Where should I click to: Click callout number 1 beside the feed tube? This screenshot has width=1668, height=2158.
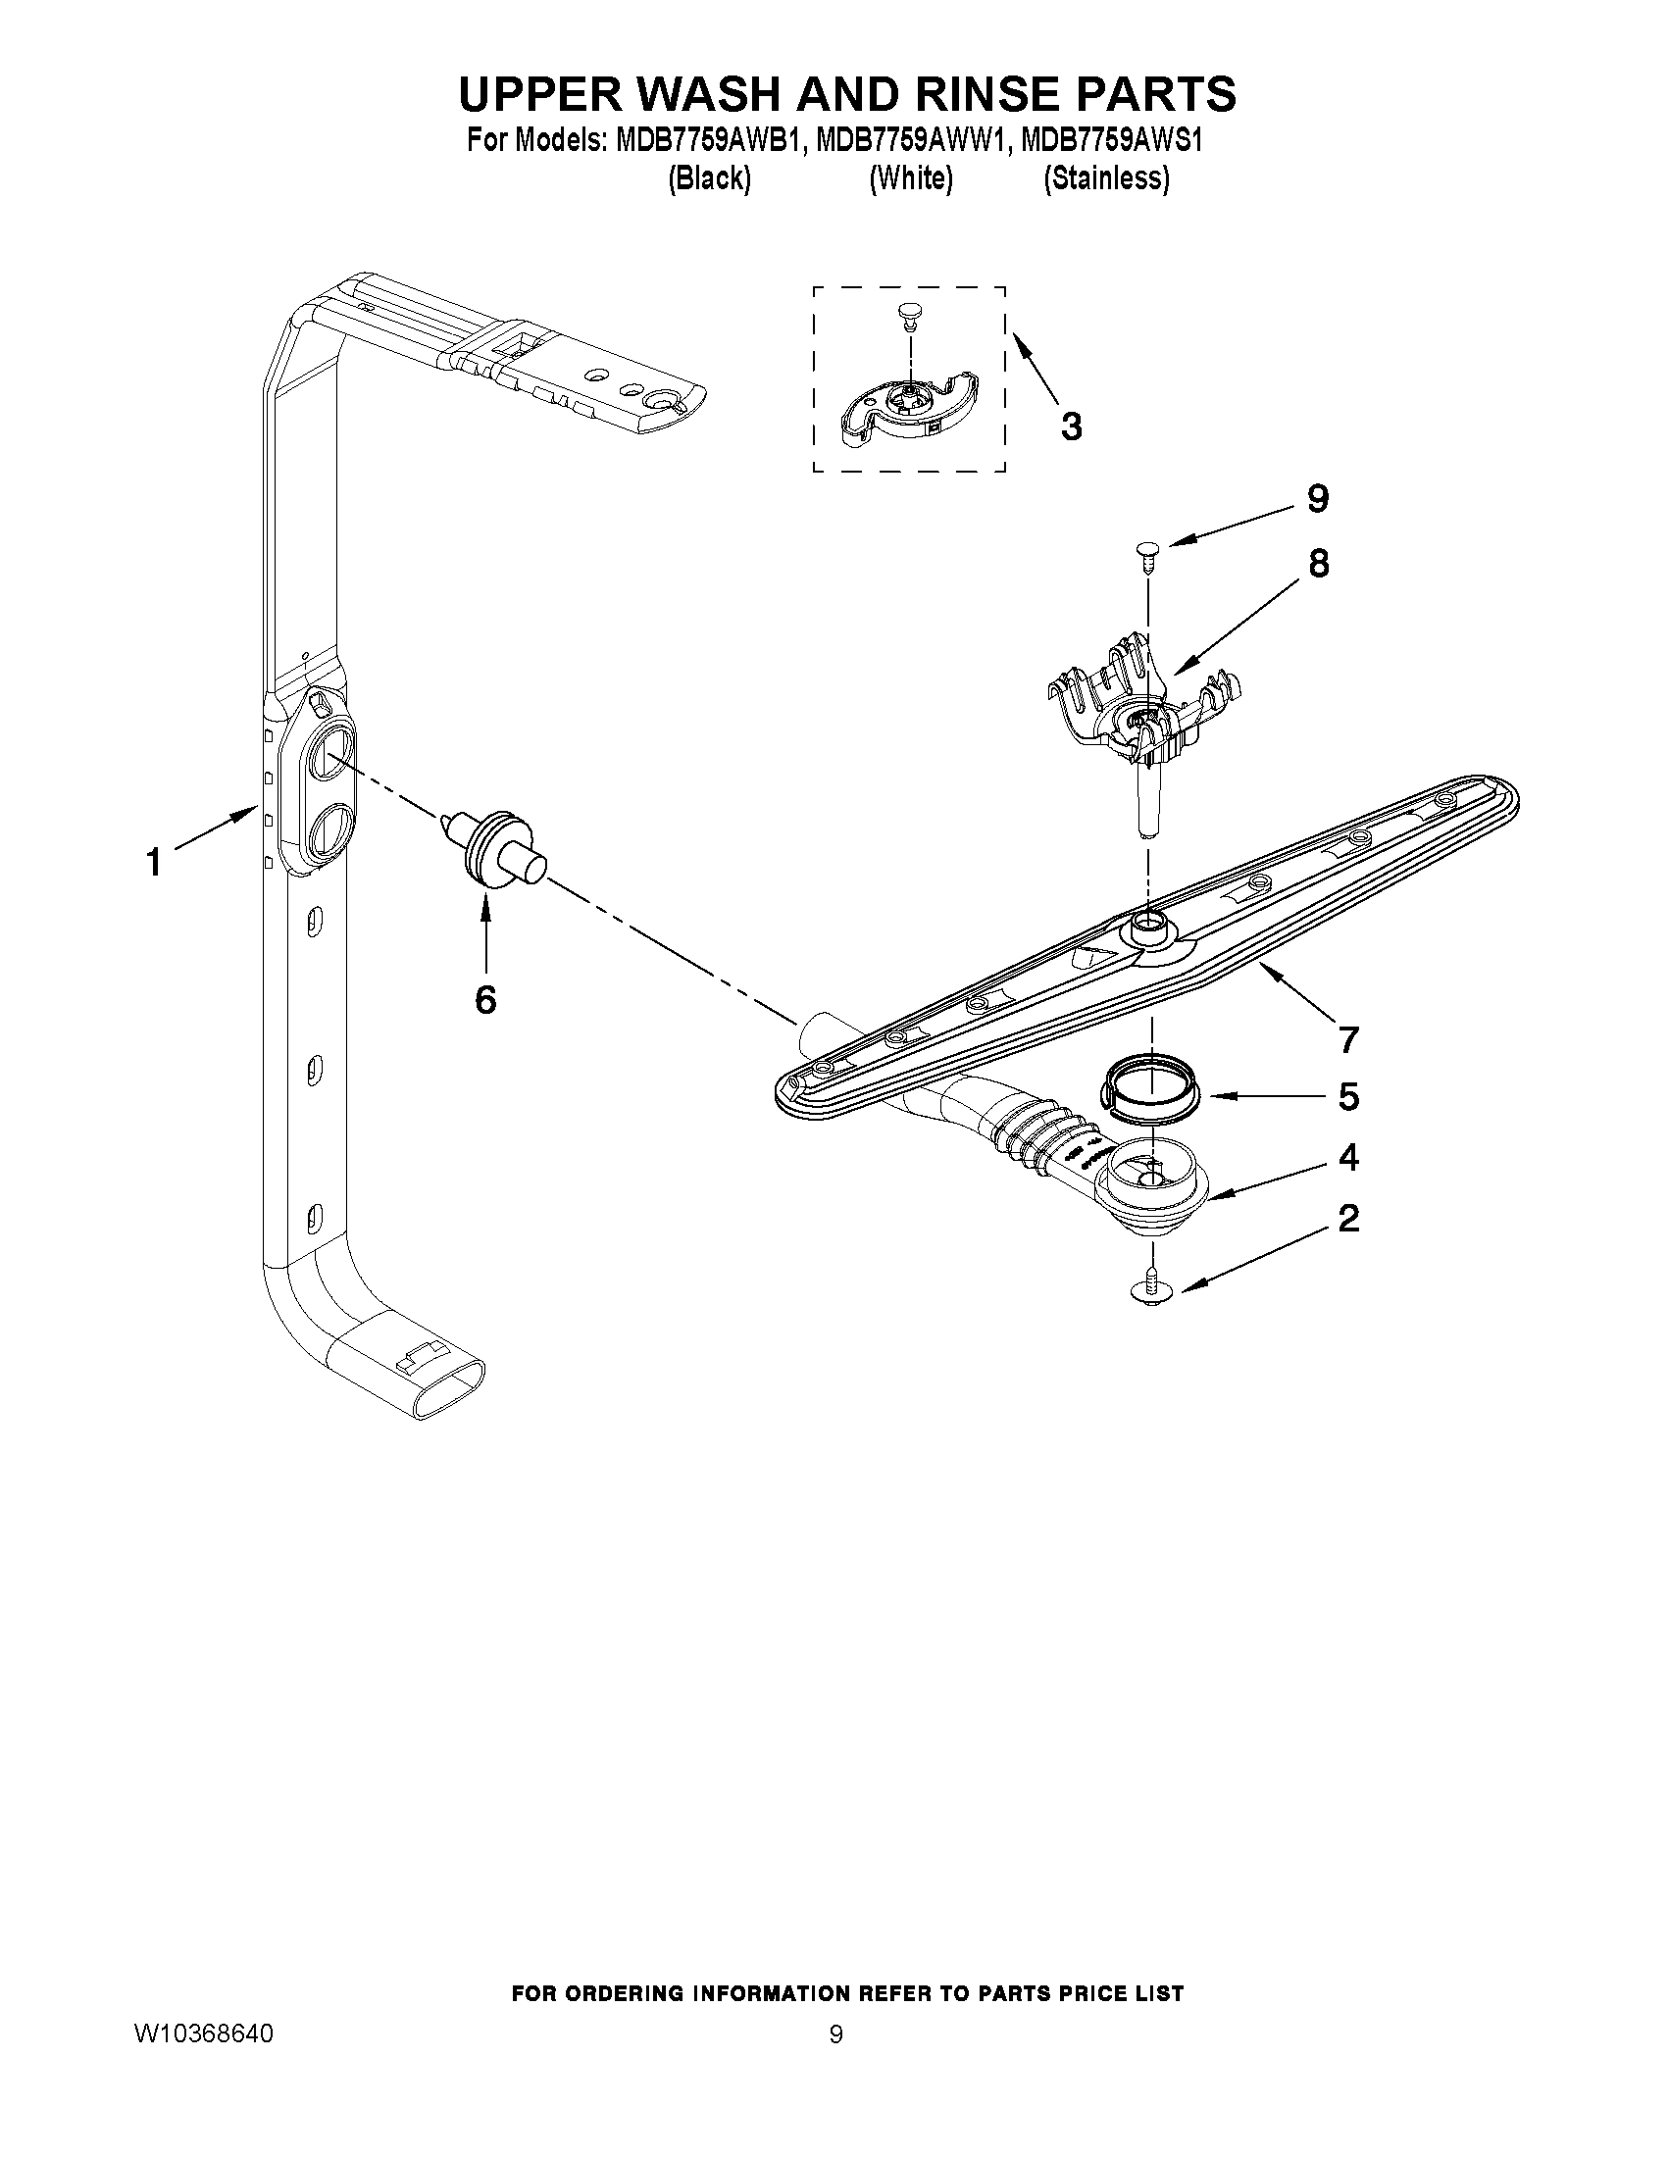coord(153,864)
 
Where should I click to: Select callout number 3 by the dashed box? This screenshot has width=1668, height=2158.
coord(1071,427)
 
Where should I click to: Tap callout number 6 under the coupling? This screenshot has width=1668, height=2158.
coord(485,1000)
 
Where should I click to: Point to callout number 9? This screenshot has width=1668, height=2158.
coord(1318,499)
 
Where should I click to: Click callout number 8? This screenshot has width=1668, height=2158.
coord(1318,564)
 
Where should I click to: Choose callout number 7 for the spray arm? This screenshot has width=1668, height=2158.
coord(1349,1038)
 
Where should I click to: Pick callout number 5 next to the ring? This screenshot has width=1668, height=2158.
coord(1349,1097)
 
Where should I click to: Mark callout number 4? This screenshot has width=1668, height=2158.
coord(1349,1157)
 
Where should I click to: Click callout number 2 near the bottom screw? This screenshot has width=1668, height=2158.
coord(1349,1219)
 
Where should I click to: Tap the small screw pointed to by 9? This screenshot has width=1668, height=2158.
coord(1147,554)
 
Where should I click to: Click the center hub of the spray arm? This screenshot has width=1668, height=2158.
coord(1147,924)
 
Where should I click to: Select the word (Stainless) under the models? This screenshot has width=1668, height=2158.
coord(1107,178)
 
